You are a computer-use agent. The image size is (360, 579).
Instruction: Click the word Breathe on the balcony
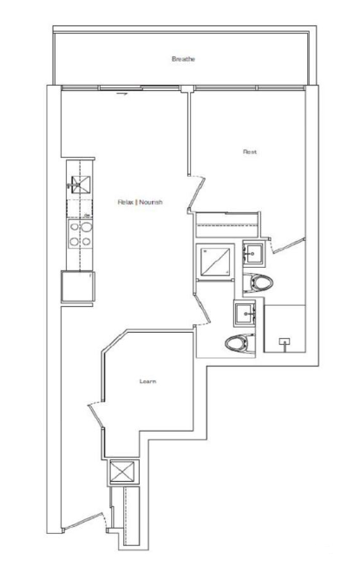click(183, 59)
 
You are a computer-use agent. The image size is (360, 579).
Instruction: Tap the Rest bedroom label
click(250, 152)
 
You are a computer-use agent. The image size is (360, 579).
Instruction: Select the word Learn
click(147, 381)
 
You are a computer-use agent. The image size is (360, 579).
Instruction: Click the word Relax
click(126, 202)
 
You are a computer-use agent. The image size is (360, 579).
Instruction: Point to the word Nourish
click(151, 202)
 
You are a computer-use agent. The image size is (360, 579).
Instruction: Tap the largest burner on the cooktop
click(87, 227)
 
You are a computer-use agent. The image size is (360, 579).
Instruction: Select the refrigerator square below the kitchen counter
click(78, 286)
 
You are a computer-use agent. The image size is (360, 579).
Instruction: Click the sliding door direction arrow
click(122, 94)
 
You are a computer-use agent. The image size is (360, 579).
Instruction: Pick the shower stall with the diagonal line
click(215, 261)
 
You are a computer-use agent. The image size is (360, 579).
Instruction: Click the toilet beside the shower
click(258, 283)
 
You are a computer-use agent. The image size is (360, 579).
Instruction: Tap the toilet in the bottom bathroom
click(240, 343)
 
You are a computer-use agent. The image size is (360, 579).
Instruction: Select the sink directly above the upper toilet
click(254, 253)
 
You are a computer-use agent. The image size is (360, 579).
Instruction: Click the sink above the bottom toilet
click(245, 313)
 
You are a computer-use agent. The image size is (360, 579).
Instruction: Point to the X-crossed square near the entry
click(123, 472)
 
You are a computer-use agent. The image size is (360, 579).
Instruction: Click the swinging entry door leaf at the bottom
click(82, 522)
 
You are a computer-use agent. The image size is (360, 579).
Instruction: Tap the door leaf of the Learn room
click(95, 416)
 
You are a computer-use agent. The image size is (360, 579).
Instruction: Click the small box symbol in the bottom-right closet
click(285, 342)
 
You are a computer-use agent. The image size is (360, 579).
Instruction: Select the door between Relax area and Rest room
click(196, 193)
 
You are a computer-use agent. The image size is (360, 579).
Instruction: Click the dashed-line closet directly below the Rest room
click(226, 224)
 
